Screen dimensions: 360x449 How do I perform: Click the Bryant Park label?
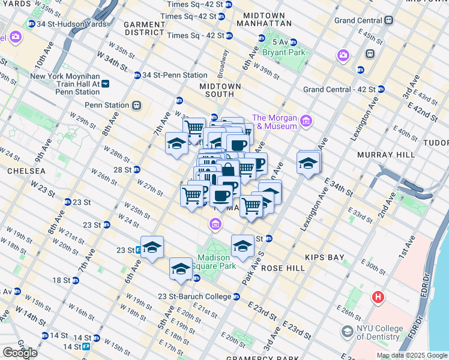(x=288, y=52)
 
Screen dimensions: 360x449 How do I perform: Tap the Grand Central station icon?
(x=389, y=20)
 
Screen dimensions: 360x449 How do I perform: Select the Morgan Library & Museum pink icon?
(x=306, y=122)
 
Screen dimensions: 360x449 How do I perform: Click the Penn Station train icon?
(x=136, y=105)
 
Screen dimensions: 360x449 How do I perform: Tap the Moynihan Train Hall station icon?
(x=105, y=85)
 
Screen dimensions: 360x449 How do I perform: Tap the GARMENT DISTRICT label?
(x=144, y=28)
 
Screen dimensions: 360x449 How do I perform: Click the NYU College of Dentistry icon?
(x=347, y=331)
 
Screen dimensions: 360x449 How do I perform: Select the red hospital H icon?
(x=378, y=296)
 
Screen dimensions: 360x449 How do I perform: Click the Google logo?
(x=19, y=353)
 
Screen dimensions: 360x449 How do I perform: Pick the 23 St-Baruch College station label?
(x=194, y=296)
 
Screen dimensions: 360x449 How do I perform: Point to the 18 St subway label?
(x=61, y=280)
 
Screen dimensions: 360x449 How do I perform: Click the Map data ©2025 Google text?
(x=411, y=355)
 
